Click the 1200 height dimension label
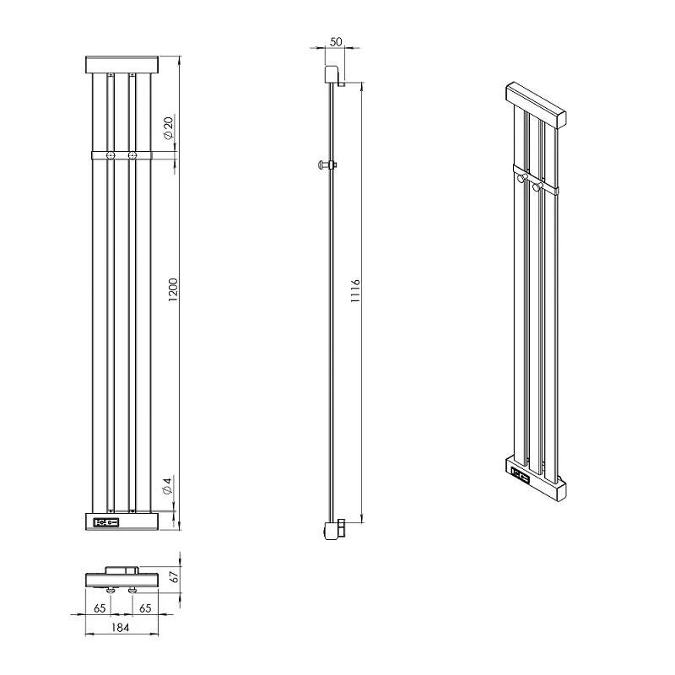pyautogui.click(x=173, y=289)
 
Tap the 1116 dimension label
pyautogui.click(x=355, y=290)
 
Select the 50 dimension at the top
pyautogui.click(x=336, y=41)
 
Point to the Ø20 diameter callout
pyautogui.click(x=168, y=128)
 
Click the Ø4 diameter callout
pyautogui.click(x=167, y=486)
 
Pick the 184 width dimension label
pyautogui.click(x=120, y=628)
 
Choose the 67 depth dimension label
pyautogui.click(x=174, y=577)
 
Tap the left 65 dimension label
pyautogui.click(x=100, y=608)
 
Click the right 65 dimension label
pyautogui.click(x=145, y=608)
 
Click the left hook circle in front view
pyautogui.click(x=111, y=155)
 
